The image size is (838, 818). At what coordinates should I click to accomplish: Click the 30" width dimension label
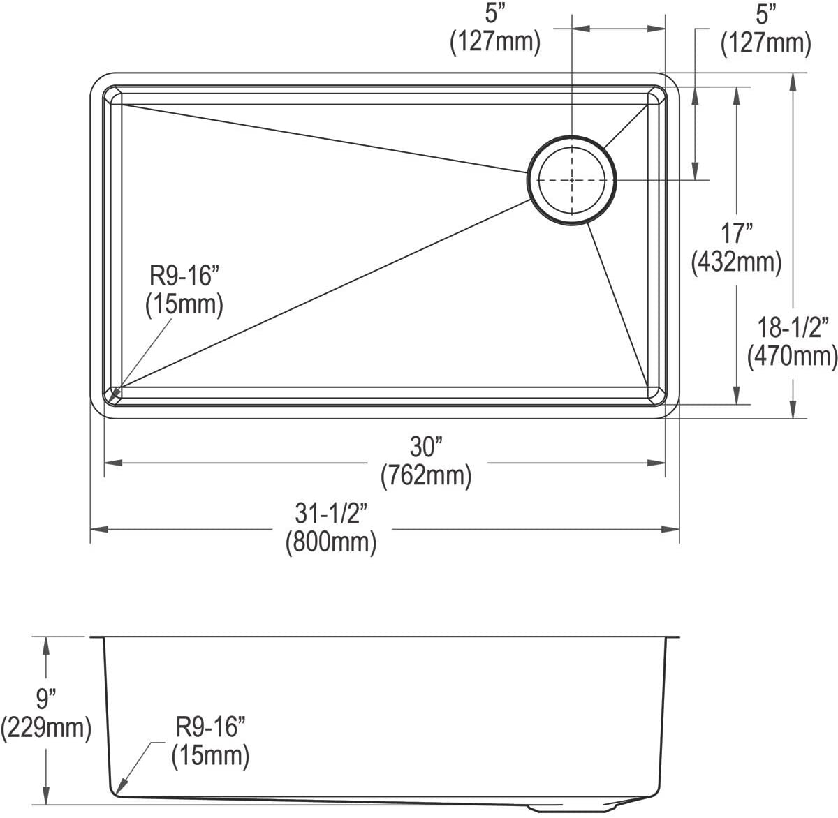click(x=426, y=447)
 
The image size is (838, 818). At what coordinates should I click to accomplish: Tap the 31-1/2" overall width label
click(x=331, y=514)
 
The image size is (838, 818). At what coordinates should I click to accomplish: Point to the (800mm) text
click(x=331, y=542)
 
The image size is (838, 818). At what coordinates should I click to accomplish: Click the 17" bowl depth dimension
click(x=735, y=233)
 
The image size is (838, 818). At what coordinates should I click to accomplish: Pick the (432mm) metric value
click(x=735, y=262)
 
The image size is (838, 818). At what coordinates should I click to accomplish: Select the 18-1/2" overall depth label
click(x=792, y=327)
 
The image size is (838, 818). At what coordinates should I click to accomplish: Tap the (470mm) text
click(x=792, y=356)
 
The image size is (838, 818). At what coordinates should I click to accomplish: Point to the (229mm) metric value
click(x=46, y=729)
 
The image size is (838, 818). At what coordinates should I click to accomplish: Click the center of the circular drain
click(x=572, y=180)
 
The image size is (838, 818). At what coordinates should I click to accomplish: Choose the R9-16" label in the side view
click(x=210, y=728)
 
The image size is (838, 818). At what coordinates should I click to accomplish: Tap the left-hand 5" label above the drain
click(x=494, y=14)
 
